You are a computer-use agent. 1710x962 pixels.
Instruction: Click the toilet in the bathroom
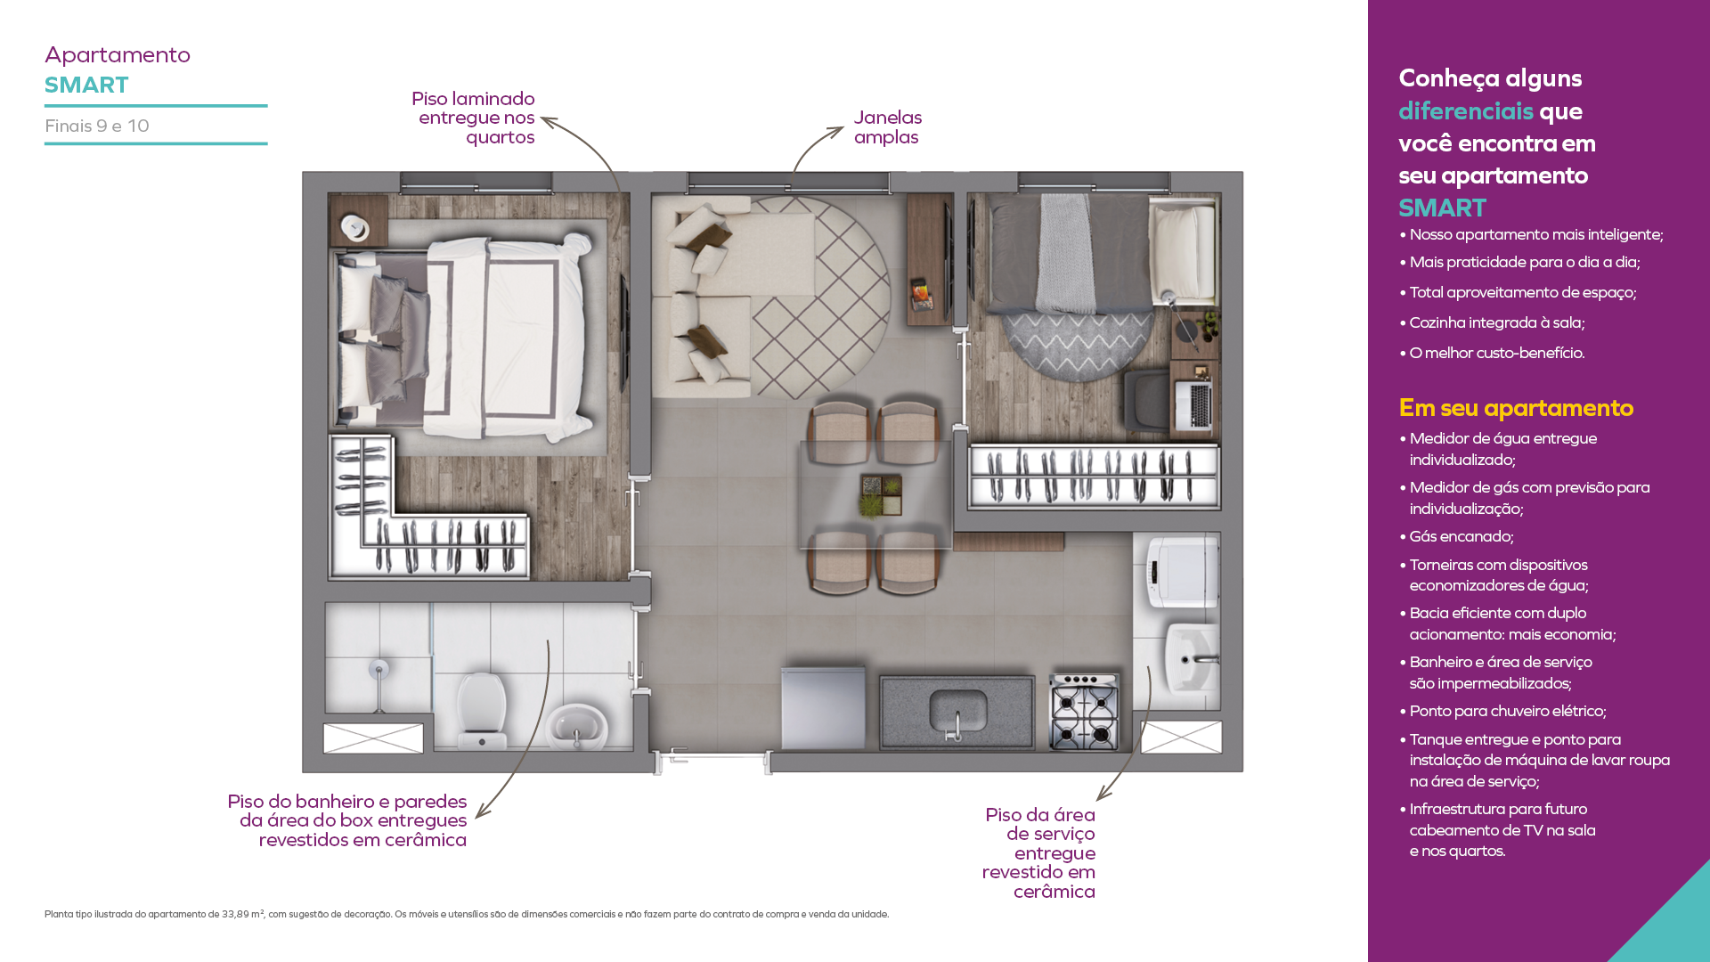[481, 710]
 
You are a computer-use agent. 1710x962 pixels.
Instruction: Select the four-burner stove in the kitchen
[1085, 712]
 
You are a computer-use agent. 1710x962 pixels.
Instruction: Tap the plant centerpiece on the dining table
[881, 495]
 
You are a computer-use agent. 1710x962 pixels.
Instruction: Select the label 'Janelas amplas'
[887, 127]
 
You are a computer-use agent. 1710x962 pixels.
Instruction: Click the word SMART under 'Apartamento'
[86, 86]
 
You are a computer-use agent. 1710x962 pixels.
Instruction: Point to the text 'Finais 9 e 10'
[97, 126]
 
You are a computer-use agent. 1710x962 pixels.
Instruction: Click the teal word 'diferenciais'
[1465, 110]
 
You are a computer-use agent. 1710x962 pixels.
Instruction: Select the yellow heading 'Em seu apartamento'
[1516, 408]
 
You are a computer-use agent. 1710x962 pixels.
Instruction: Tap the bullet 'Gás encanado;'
[1456, 536]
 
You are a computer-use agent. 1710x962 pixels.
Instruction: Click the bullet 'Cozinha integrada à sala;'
[1492, 322]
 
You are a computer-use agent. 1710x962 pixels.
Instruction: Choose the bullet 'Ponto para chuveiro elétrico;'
[1502, 711]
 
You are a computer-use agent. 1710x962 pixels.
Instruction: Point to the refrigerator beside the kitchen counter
[823, 708]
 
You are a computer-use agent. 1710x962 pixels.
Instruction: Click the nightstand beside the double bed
[358, 222]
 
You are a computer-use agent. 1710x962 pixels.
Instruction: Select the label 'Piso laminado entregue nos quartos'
[474, 118]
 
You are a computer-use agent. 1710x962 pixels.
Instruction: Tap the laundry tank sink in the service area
[1193, 657]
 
